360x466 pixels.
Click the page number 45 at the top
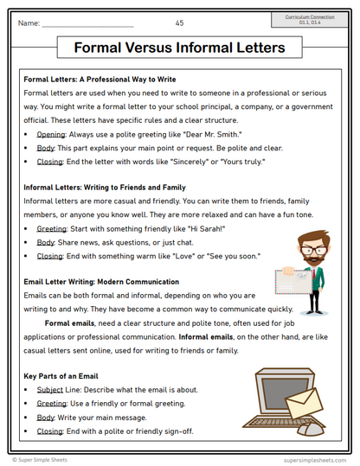pos(179,22)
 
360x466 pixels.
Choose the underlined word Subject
pos(50,390)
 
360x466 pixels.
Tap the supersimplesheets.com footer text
pos(313,460)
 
